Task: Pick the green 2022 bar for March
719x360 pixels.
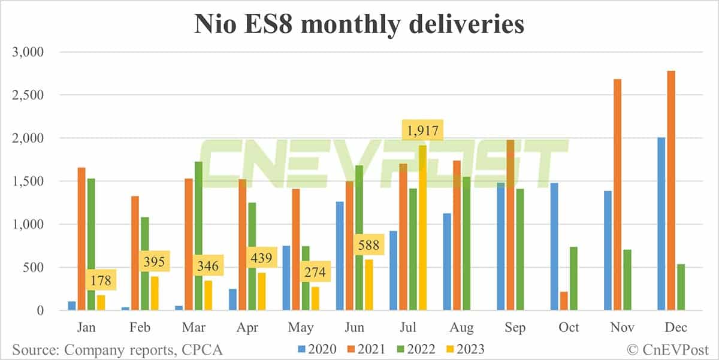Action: pyautogui.click(x=198, y=236)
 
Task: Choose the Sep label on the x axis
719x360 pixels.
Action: pyautogui.click(x=515, y=328)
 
